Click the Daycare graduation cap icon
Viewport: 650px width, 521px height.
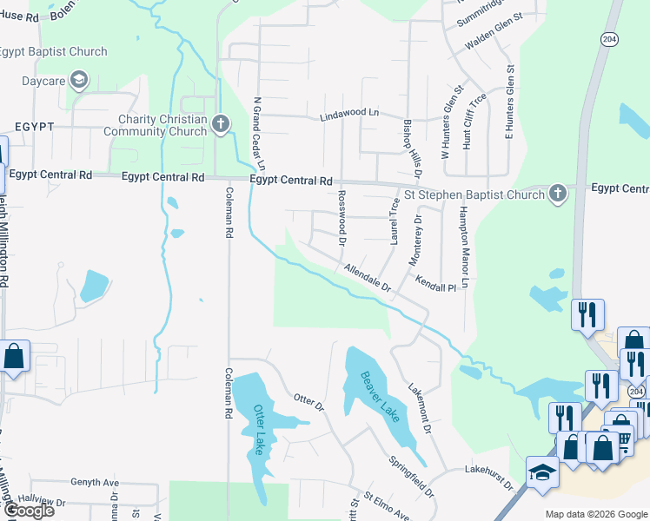[x=80, y=82]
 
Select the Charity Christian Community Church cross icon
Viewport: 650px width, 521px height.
[x=220, y=125]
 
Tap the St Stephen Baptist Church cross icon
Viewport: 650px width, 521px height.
[x=557, y=194]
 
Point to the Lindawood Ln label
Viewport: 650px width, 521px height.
[x=350, y=114]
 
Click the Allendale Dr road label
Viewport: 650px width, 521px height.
[x=368, y=278]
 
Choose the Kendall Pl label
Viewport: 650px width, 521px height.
[x=435, y=284]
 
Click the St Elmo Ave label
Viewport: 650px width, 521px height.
[x=385, y=506]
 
